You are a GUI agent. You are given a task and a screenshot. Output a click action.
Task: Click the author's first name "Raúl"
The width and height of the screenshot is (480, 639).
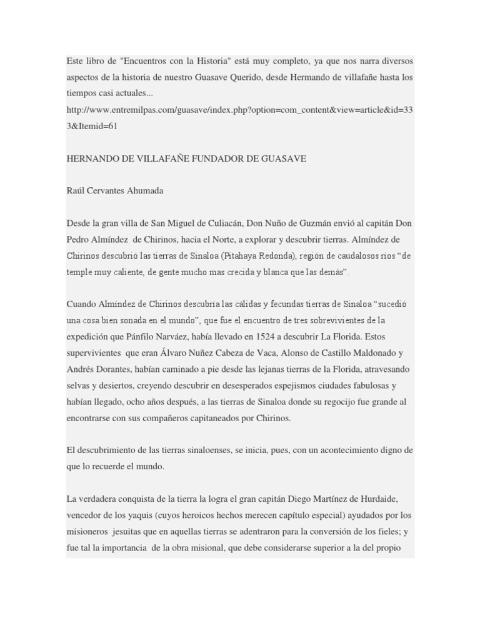75,191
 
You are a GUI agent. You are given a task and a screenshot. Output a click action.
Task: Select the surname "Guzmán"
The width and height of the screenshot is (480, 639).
331,223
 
